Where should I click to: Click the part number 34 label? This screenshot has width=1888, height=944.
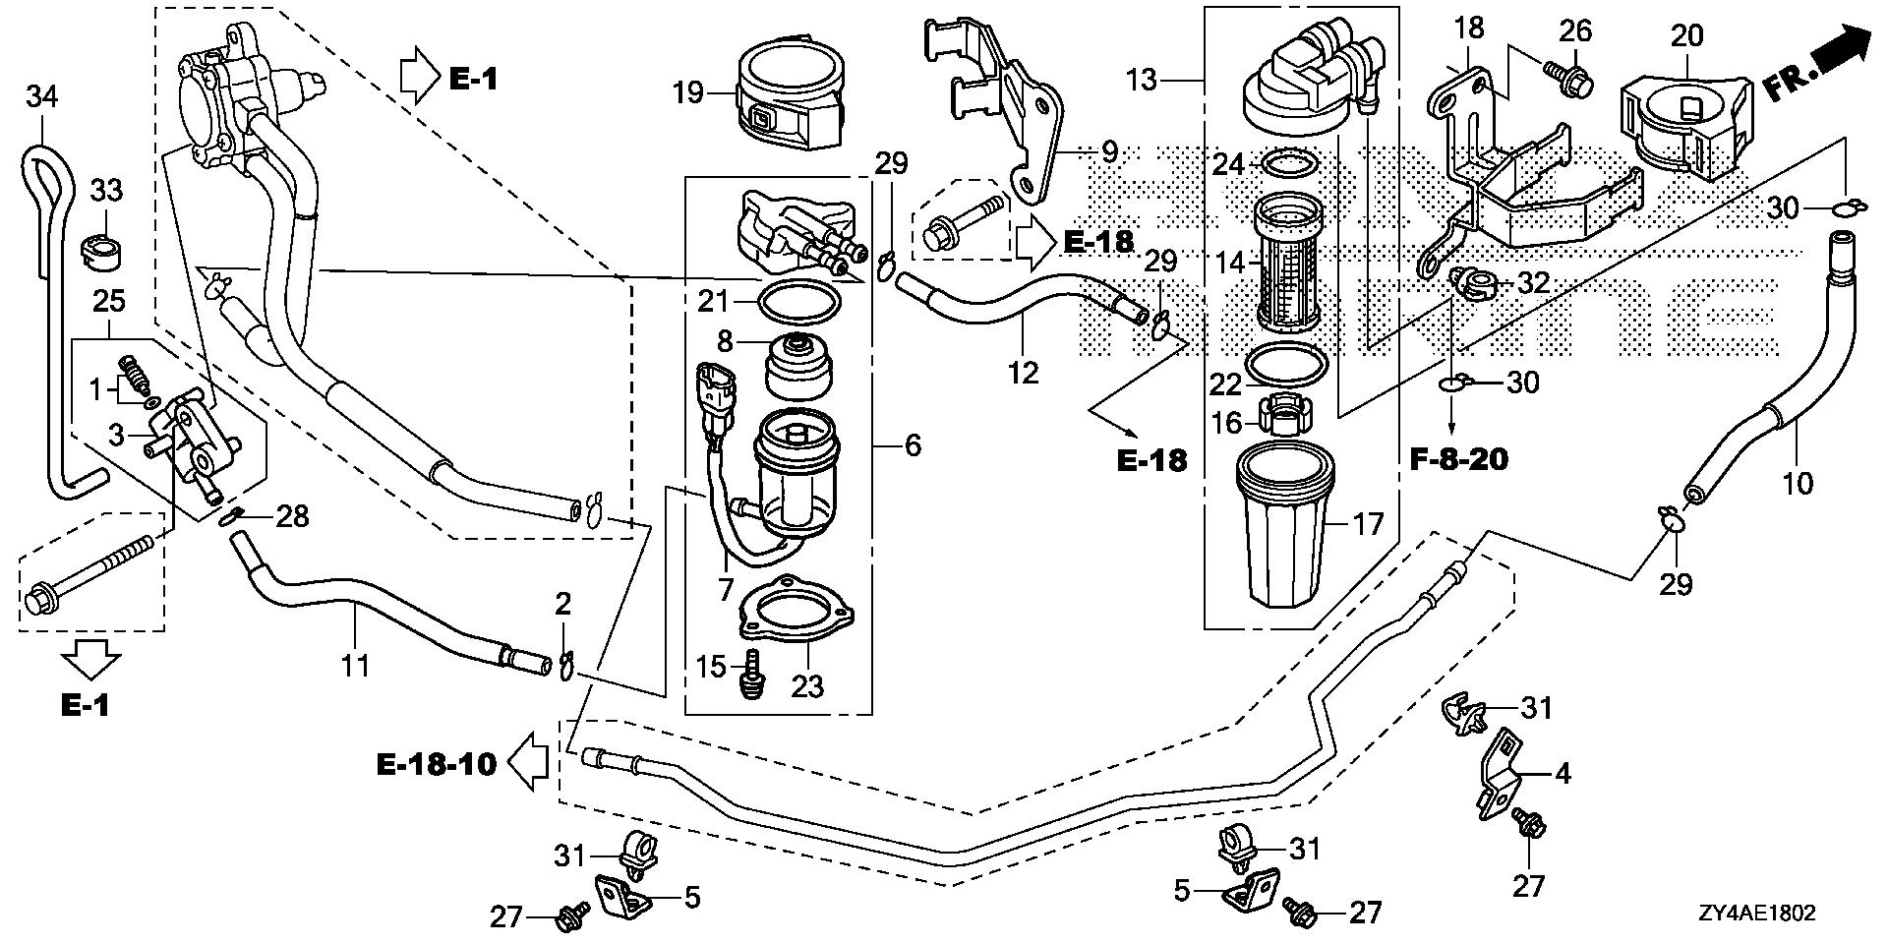pyautogui.click(x=42, y=96)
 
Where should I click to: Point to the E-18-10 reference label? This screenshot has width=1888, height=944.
pyautogui.click(x=437, y=762)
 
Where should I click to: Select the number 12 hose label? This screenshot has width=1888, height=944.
pyautogui.click(x=1024, y=373)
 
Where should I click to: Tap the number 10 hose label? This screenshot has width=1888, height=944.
pyautogui.click(x=1798, y=483)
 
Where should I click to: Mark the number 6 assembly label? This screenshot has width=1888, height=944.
pyautogui.click(x=913, y=445)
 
